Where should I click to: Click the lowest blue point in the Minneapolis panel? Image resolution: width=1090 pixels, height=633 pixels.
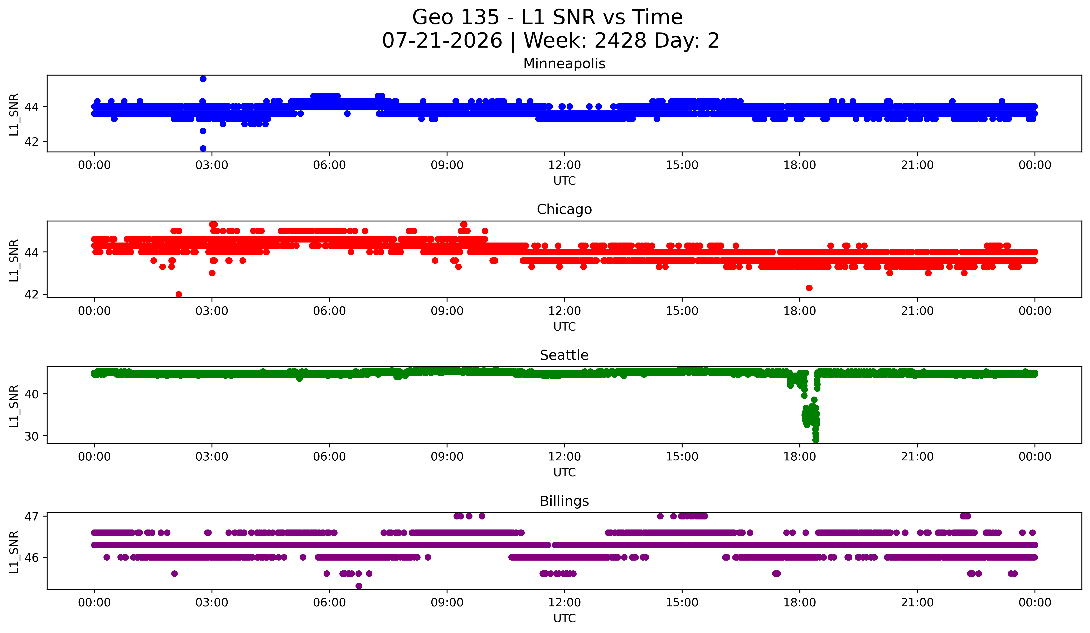[x=203, y=148]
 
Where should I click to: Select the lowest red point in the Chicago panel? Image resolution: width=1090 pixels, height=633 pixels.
[x=179, y=294]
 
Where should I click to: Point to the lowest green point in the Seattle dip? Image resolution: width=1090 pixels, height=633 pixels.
[x=815, y=440]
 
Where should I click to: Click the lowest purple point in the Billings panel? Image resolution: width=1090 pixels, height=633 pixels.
[x=359, y=586]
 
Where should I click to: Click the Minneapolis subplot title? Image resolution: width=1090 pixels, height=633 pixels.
[x=564, y=64]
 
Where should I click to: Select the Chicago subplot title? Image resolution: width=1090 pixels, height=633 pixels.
[x=564, y=209]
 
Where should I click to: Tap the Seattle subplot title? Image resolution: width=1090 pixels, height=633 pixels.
[x=564, y=355]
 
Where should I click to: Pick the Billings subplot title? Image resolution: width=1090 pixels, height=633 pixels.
[x=564, y=501]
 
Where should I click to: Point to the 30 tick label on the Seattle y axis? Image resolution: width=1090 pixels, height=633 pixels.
[x=32, y=436]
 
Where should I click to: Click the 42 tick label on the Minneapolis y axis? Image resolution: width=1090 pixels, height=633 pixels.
[x=32, y=142]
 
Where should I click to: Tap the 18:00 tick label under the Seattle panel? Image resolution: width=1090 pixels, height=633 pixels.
[x=799, y=456]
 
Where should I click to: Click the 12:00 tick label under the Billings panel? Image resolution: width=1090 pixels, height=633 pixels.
[x=565, y=602]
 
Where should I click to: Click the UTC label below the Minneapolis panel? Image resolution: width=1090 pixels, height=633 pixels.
[x=565, y=181]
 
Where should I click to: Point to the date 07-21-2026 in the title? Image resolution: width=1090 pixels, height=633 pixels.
[x=442, y=41]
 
